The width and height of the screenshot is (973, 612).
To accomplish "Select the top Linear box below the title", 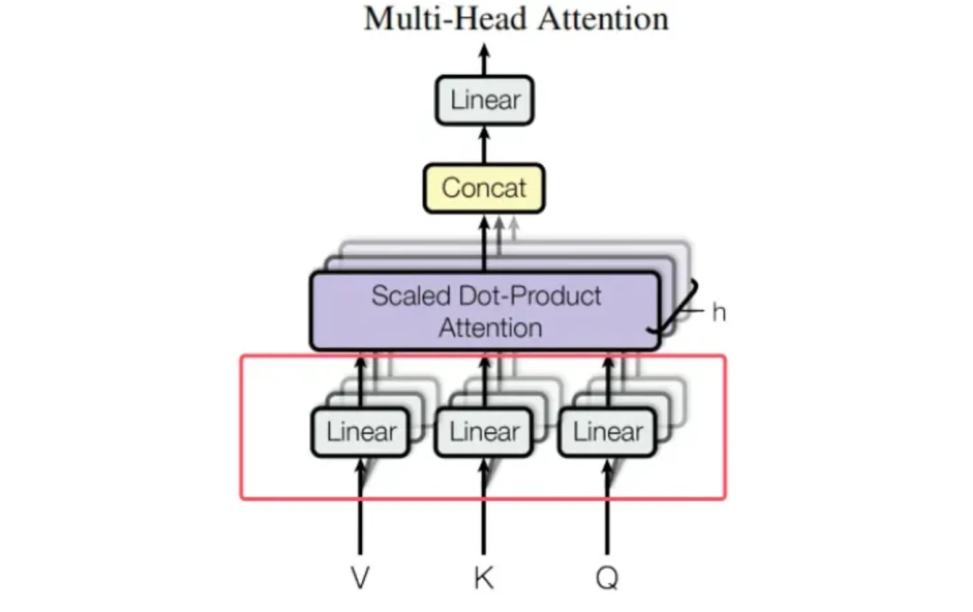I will point(485,100).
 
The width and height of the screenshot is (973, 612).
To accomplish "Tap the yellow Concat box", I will point(484,188).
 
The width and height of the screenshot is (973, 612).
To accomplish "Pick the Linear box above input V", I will point(360,432).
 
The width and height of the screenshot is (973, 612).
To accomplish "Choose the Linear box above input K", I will point(484,432).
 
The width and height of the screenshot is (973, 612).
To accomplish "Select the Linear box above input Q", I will point(607,432).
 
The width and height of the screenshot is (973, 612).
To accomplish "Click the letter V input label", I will point(360,578).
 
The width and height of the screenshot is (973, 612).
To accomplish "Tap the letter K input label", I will point(484,578).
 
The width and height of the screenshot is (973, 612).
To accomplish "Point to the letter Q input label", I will point(607,578).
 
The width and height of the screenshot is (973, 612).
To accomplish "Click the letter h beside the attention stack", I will point(718,313).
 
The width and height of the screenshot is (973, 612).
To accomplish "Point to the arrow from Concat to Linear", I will point(485,144).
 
